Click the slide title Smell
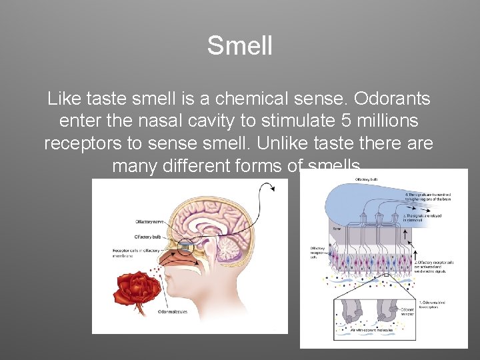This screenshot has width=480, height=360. pyautogui.click(x=240, y=46)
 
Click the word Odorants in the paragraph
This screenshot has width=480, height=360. pyautogui.click(x=392, y=99)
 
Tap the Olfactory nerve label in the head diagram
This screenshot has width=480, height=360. pyautogui.click(x=150, y=221)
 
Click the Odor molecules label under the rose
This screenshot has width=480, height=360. pyautogui.click(x=172, y=311)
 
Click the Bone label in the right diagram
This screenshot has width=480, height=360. pyautogui.click(x=337, y=228)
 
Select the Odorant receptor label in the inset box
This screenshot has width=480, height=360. pyautogui.click(x=406, y=311)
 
